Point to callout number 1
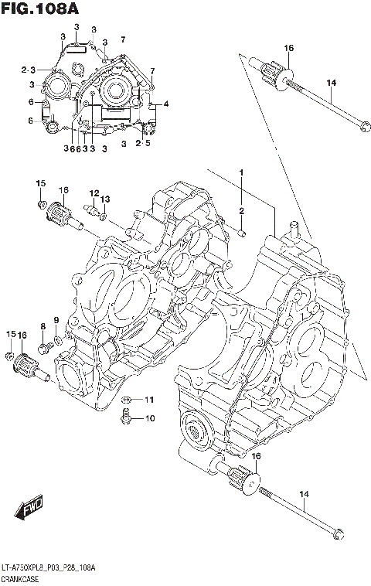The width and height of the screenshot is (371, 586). [241, 172]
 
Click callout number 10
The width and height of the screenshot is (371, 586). [149, 419]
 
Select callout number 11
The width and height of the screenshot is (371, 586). [149, 400]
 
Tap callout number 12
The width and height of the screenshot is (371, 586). [94, 192]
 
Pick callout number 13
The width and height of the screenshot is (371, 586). [105, 199]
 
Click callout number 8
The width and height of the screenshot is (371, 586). [43, 326]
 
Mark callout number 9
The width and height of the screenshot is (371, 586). [56, 321]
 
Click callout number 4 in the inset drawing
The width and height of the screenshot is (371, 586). [165, 104]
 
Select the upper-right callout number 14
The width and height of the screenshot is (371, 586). [332, 83]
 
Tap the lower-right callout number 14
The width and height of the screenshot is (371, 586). [304, 494]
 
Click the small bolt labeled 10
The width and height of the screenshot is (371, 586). [124, 420]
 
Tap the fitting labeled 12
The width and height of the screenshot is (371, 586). [90, 209]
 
